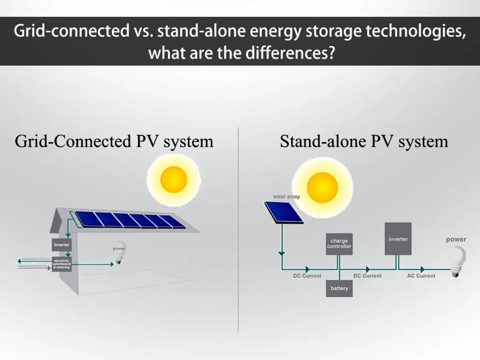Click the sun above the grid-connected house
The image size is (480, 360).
[173, 180]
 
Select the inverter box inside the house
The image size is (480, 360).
[61, 245]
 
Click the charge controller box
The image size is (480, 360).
[339, 244]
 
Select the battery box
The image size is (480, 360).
[339, 288]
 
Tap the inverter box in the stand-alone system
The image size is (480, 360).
[398, 239]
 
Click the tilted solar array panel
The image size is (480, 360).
[284, 212]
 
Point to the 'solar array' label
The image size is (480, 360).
[286, 196]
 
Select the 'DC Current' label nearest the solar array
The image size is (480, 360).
[307, 276]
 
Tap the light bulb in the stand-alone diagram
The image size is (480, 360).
[458, 262]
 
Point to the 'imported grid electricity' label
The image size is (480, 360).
[33, 266]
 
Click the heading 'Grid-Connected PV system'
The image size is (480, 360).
[114, 141]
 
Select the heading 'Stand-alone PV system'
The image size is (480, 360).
[364, 141]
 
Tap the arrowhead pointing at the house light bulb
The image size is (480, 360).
[111, 264]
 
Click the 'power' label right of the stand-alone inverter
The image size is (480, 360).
[456, 240]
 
